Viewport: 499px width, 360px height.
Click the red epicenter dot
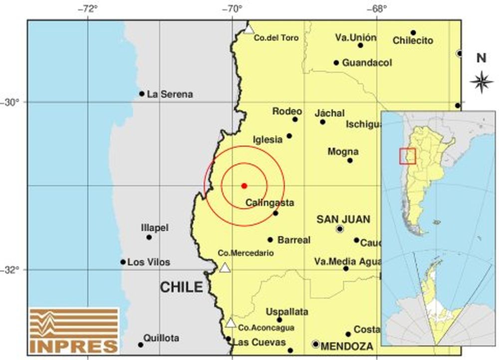tap(244, 186)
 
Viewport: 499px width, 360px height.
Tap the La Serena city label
tap(170, 94)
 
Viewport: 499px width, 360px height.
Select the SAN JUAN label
tap(344, 219)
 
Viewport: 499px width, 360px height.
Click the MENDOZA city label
tap(347, 346)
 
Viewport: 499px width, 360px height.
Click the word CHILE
tap(182, 287)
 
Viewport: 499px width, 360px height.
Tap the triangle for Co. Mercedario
tap(225, 268)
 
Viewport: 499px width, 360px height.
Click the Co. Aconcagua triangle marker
tap(230, 323)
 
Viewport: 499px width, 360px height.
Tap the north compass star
tap(482, 82)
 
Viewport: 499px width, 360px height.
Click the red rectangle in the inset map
tap(407, 156)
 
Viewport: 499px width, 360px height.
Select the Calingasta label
tap(270, 203)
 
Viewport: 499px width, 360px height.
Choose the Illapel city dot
tap(149, 237)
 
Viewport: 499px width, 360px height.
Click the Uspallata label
tap(286, 312)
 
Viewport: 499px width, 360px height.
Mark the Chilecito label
tap(413, 41)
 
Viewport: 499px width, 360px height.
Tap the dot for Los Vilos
tap(123, 262)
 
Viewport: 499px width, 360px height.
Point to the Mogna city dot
tap(350, 160)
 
